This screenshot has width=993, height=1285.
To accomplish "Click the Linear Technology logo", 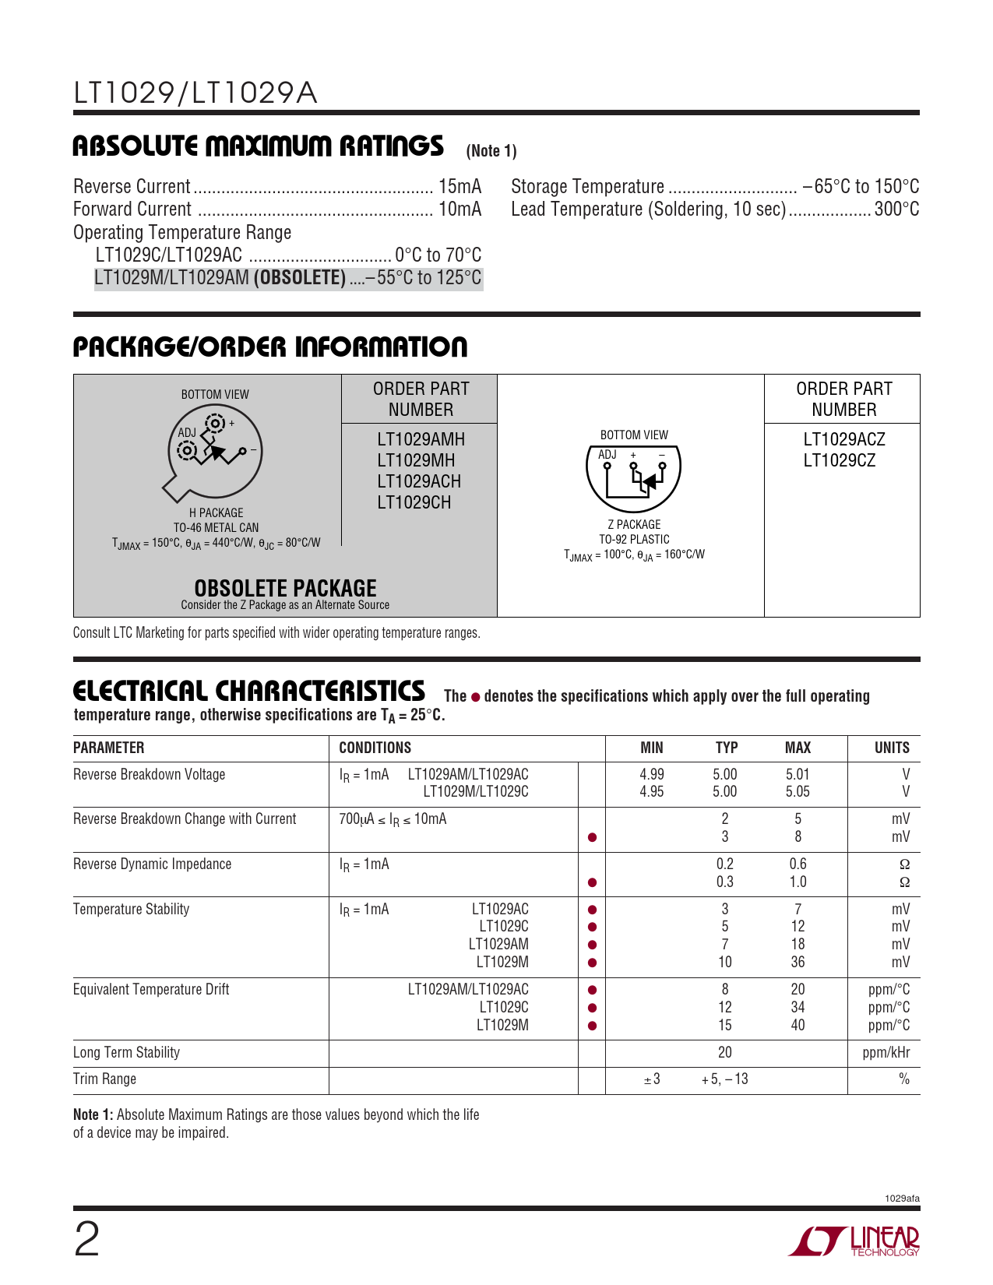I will [x=854, y=1240].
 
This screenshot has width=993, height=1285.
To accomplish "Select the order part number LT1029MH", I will [x=416, y=460].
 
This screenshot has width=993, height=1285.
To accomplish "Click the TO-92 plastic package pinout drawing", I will [x=633, y=477].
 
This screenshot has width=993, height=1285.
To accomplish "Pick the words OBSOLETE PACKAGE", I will [x=285, y=588].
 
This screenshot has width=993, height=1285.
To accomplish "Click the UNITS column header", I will [x=892, y=748].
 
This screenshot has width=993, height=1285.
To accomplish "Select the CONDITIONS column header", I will [x=375, y=748].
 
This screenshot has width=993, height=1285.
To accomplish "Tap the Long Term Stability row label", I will [x=126, y=1053].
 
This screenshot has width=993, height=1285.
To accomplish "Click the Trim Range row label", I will [x=104, y=1079].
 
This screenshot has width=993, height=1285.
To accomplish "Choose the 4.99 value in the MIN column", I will [x=652, y=774].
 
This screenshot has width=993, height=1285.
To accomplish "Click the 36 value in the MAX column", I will [x=798, y=962].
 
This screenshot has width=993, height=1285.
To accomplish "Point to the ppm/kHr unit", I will [x=886, y=1053].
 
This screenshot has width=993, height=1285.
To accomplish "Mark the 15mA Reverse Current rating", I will [x=460, y=187].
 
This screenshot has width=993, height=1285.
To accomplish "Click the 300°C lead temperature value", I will [x=896, y=209].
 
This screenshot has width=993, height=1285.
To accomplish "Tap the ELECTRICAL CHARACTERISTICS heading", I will [x=249, y=692].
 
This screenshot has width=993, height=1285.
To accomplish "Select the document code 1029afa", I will [x=902, y=1199].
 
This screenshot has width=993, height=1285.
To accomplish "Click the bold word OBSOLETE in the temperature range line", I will [x=300, y=278].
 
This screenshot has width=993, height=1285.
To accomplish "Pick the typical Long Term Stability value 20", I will [x=724, y=1053].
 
